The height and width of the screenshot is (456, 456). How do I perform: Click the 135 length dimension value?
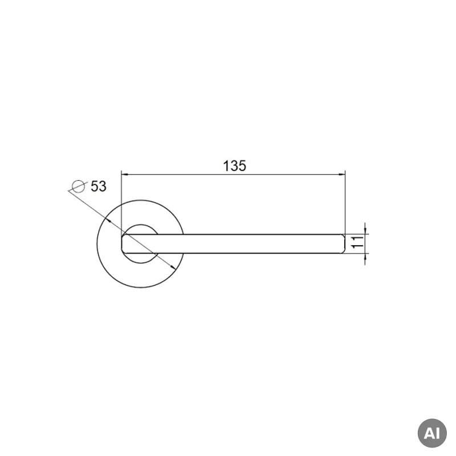[x=234, y=166]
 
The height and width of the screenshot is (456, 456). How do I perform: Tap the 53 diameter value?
[x=99, y=186]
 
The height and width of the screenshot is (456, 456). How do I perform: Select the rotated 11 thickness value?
[x=358, y=242]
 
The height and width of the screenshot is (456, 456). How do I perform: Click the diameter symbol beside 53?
[x=78, y=186]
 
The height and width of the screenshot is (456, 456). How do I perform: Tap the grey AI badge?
[x=432, y=433]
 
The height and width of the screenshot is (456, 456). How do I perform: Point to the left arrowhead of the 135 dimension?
[x=124, y=174]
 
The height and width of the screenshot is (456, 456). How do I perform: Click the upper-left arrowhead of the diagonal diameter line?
[x=108, y=220]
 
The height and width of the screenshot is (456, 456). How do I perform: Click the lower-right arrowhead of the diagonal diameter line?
[x=173, y=267]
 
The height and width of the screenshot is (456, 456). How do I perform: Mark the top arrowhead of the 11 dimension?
[x=365, y=230]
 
